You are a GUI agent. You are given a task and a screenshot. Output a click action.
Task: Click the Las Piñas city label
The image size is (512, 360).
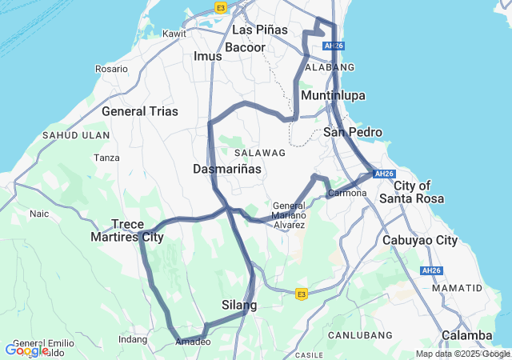click(x=259, y=30)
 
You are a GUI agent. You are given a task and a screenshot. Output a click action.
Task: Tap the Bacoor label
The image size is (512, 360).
click(x=245, y=48)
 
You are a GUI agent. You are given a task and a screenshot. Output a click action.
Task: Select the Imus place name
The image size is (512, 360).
click(x=207, y=57)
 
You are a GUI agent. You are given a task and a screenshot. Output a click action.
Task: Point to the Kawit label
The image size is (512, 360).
click(x=174, y=34)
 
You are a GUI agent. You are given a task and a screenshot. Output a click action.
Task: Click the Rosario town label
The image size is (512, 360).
click(x=111, y=69)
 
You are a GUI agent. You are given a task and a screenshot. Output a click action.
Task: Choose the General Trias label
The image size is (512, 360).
click(x=140, y=111)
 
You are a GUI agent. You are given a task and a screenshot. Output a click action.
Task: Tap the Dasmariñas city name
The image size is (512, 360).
click(x=227, y=170)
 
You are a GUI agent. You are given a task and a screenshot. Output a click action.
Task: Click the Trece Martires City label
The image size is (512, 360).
click(x=137, y=230)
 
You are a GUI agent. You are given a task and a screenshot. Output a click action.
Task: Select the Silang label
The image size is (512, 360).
click(x=239, y=306)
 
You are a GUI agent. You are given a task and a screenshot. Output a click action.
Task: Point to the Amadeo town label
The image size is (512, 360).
click(x=192, y=342)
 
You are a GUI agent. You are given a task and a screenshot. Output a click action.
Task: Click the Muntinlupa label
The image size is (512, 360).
click(x=333, y=96)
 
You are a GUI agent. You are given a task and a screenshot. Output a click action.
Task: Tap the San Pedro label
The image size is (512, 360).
click(x=353, y=132)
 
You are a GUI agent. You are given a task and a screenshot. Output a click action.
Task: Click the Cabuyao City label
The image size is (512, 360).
click(x=420, y=240)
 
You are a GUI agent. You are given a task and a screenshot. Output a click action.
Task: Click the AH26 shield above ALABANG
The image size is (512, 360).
click(x=334, y=46)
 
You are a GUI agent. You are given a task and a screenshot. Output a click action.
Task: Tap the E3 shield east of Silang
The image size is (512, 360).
click(x=301, y=294)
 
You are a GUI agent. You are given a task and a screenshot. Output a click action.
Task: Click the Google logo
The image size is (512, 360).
click(x=26, y=350)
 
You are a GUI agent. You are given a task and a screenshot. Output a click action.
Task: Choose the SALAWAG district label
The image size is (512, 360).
click(x=260, y=152)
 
